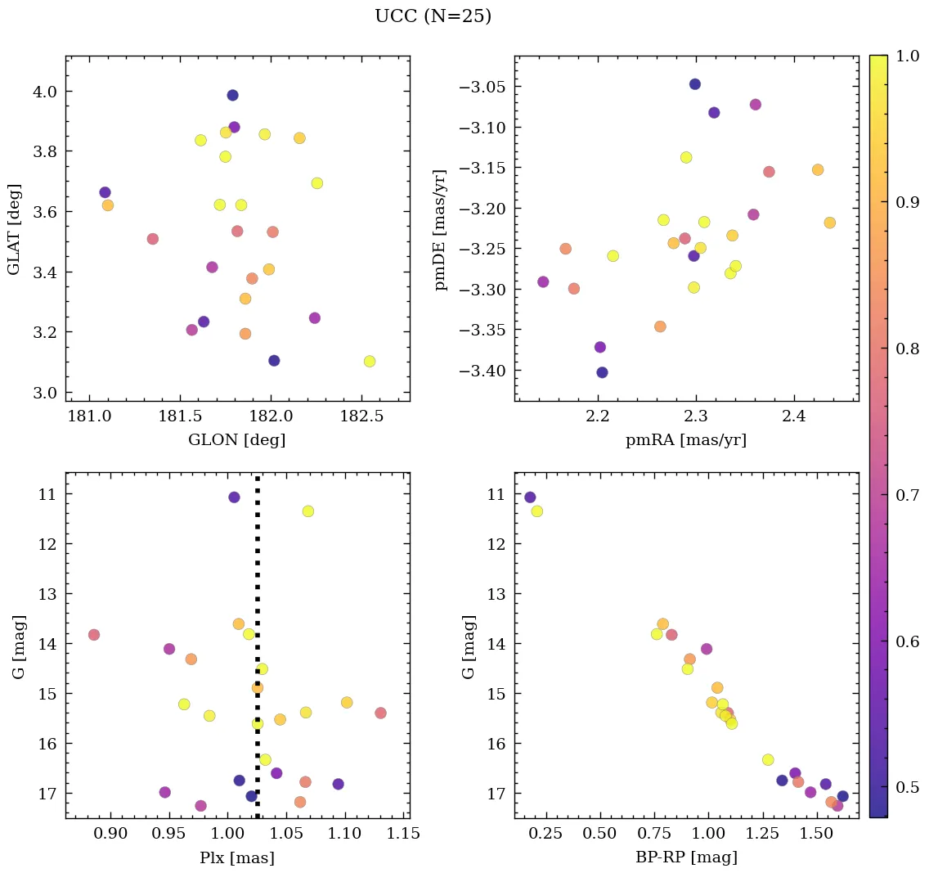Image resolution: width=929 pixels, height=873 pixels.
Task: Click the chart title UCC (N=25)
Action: [x=433, y=16]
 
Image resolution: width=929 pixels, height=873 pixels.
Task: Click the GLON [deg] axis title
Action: [x=237, y=440]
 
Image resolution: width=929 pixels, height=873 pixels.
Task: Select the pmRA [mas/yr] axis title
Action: [x=686, y=440]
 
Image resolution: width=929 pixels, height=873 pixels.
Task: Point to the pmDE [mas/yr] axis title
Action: [x=441, y=229]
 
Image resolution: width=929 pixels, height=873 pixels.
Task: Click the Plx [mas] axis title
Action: [x=237, y=857]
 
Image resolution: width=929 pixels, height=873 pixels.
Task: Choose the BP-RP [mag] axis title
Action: [x=686, y=857]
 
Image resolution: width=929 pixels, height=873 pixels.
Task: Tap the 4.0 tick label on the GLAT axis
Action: [x=47, y=92]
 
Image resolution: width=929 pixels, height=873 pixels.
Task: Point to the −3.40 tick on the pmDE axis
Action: [x=483, y=371]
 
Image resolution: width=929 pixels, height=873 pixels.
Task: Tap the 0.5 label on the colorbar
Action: [x=907, y=787]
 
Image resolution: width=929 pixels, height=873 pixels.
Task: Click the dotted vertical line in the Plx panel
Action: [x=258, y=573]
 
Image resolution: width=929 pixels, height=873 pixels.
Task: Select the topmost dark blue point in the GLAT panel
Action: [x=232, y=96]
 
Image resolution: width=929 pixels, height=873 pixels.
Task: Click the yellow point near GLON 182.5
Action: [x=370, y=362]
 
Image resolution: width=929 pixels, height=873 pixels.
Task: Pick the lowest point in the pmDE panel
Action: [x=602, y=372]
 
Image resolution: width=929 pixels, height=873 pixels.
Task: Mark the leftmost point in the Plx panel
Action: [x=94, y=635]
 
